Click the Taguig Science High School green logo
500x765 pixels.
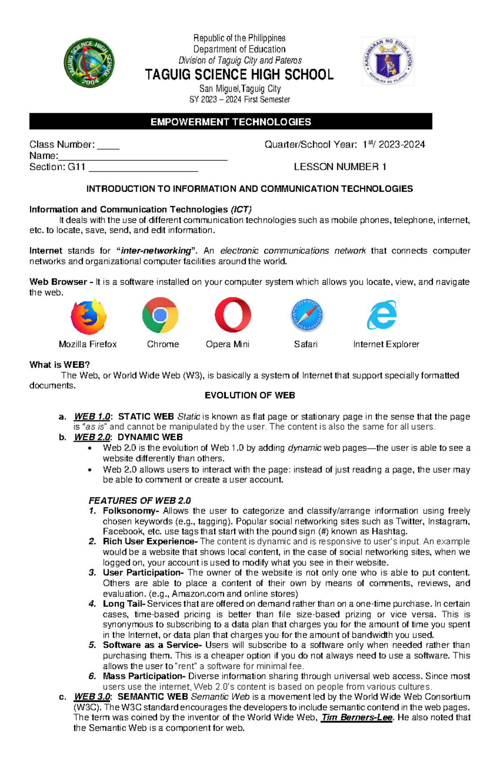tap(89, 63)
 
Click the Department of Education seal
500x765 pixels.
tap(388, 61)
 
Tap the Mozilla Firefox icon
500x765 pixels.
tap(88, 316)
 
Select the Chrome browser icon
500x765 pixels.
tap(160, 315)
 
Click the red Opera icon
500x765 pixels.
tap(233, 315)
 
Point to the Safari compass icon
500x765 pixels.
tap(307, 315)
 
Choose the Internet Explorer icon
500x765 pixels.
tap(382, 315)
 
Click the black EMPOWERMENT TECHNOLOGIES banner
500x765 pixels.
tap(230, 122)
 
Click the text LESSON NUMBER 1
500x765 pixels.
tap(340, 167)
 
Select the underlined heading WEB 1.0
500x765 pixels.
tap(92, 416)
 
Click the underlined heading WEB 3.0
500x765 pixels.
tap(92, 697)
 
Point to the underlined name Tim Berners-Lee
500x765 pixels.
tap(357, 717)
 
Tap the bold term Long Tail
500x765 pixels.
tap(123, 604)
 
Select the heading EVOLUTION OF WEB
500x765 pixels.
tap(250, 395)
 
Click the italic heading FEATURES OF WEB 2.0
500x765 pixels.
tap(140, 500)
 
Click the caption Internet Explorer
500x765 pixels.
tap(386, 344)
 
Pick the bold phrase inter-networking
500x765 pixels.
tap(155, 251)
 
